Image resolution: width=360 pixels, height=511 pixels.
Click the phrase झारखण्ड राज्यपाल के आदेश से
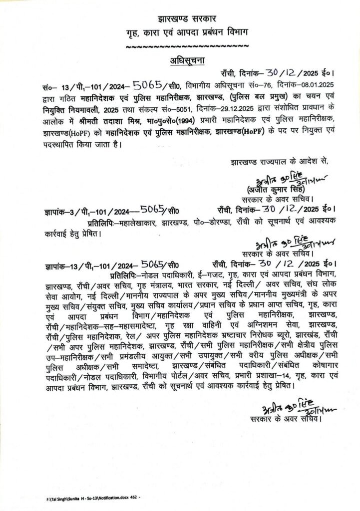[280, 162]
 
